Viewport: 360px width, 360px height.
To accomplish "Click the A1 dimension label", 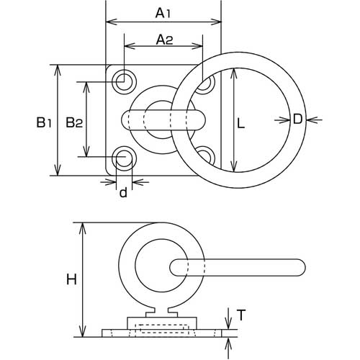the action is [x=163, y=13].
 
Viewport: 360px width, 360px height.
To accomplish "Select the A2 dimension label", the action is [x=164, y=40].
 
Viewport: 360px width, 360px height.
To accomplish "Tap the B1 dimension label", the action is [x=44, y=122].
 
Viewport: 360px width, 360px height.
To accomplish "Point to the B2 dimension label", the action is [x=74, y=122].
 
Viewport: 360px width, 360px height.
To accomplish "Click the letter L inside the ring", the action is [x=240, y=124].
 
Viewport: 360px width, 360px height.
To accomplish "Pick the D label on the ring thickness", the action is [x=297, y=119].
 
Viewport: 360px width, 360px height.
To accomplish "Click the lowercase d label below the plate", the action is [x=123, y=192].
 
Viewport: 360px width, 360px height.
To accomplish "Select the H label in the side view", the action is [x=71, y=279].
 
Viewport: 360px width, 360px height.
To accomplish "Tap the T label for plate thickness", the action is [x=241, y=315].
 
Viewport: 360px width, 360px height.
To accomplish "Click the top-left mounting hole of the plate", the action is [x=124, y=82].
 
